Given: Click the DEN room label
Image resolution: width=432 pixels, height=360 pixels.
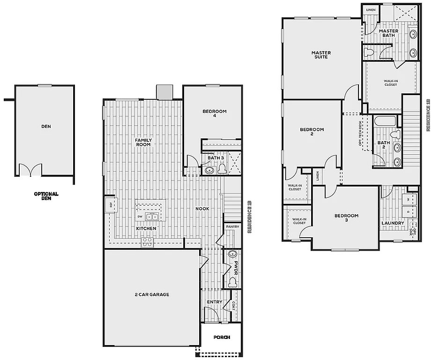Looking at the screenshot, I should (x=46, y=126).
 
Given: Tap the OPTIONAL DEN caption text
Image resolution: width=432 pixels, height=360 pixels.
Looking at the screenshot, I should (x=46, y=196).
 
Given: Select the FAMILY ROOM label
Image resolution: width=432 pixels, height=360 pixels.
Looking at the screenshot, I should (x=143, y=142).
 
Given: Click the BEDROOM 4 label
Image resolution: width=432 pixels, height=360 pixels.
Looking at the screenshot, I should (x=215, y=113).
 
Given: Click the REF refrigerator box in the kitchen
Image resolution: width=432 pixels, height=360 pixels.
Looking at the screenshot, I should (x=111, y=204).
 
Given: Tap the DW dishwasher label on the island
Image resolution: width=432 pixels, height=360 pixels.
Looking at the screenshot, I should (x=140, y=216).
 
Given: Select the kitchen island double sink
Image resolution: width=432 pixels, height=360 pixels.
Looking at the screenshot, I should (x=152, y=217).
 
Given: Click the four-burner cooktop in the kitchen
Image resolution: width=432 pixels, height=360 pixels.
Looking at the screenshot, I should (x=147, y=242).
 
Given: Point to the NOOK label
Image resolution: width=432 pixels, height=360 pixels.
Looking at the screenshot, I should (x=202, y=209).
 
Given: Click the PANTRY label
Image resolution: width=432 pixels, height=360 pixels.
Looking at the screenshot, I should (x=232, y=227).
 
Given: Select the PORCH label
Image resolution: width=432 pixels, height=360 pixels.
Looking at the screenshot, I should (x=221, y=337).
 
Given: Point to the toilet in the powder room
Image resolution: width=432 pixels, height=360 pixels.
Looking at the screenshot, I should (x=232, y=283).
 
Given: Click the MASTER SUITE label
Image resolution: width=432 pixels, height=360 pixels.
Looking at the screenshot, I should (x=321, y=54).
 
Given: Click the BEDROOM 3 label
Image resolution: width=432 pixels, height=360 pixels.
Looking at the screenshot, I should (x=346, y=218).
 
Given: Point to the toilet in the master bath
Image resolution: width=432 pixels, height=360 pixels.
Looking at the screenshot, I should (x=370, y=52).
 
